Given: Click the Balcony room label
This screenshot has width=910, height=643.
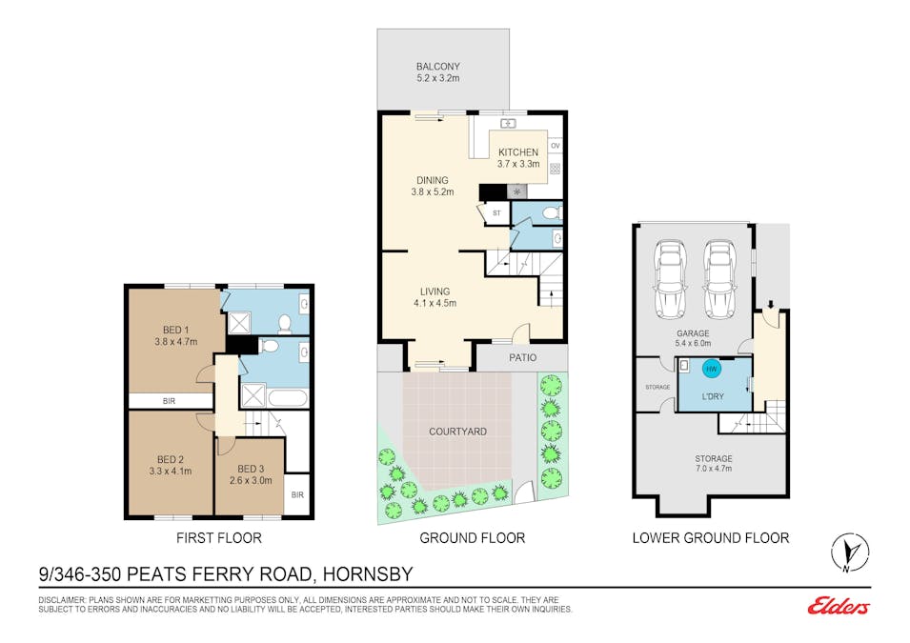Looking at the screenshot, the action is (x=437, y=67).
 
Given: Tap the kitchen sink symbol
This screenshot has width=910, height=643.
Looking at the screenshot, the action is (x=508, y=124).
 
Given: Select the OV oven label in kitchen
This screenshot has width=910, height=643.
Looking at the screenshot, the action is (x=556, y=146).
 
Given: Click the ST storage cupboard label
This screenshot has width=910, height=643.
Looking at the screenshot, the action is (x=496, y=213).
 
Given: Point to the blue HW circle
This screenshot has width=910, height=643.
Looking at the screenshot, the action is (x=712, y=369).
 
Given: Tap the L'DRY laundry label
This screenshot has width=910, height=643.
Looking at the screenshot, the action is (x=713, y=396).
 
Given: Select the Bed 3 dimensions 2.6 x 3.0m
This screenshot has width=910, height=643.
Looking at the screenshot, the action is (x=251, y=480).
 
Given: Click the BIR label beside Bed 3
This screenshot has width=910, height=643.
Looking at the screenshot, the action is (x=297, y=495).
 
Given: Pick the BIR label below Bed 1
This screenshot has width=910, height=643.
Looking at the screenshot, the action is (x=169, y=401).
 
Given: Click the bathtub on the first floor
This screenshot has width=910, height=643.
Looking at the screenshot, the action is (x=287, y=398).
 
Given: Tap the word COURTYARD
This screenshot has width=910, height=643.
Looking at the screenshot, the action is (x=458, y=432).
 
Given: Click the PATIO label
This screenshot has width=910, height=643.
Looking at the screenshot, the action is (x=523, y=357).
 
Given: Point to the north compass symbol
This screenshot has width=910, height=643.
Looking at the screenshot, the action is (x=850, y=552).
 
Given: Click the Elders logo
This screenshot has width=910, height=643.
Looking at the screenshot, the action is (x=839, y=606).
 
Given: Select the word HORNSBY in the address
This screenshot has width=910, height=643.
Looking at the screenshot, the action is (x=368, y=574).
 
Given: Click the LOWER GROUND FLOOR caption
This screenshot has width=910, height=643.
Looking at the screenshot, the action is (x=711, y=538).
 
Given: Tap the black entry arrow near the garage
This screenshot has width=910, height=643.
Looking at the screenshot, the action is (x=771, y=305).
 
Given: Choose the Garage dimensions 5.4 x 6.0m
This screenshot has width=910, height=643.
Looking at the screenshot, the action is (x=693, y=343).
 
